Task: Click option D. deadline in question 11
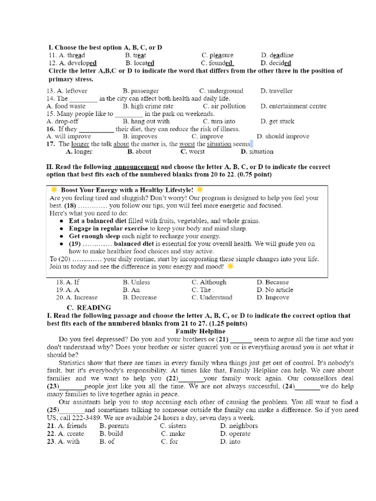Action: point(277,55)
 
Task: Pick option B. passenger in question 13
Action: point(141,91)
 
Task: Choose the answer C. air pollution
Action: point(224,106)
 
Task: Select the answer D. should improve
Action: point(282,137)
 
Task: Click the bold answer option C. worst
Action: point(193,152)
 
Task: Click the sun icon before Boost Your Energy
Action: point(54,189)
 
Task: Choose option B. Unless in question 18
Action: point(137,282)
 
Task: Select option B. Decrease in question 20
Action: point(140,297)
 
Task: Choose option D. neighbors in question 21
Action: point(239,426)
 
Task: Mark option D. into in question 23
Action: point(230,441)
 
